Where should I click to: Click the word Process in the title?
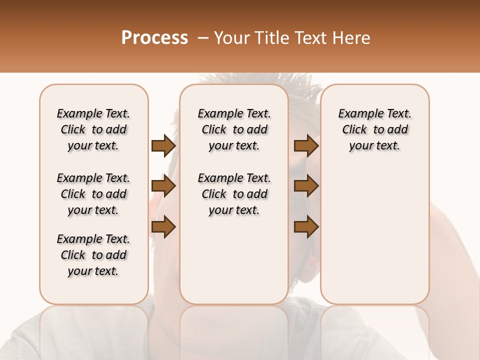tap(154, 37)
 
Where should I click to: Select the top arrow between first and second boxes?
tap(163, 145)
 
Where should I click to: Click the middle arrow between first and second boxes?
tap(163, 186)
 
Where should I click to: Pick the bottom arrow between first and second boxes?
tap(163, 226)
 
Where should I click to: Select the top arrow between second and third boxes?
tap(306, 145)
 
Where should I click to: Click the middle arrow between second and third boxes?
tap(306, 186)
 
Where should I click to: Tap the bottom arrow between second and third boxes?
tap(306, 226)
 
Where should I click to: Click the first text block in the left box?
tap(93, 129)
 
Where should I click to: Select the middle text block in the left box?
tap(93, 194)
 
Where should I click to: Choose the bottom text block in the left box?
tap(93, 255)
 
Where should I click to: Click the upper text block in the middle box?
tap(234, 129)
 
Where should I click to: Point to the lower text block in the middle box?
tap(234, 194)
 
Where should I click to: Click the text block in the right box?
tap(374, 129)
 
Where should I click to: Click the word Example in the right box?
tap(358, 114)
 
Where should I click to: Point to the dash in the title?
tap(202, 37)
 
